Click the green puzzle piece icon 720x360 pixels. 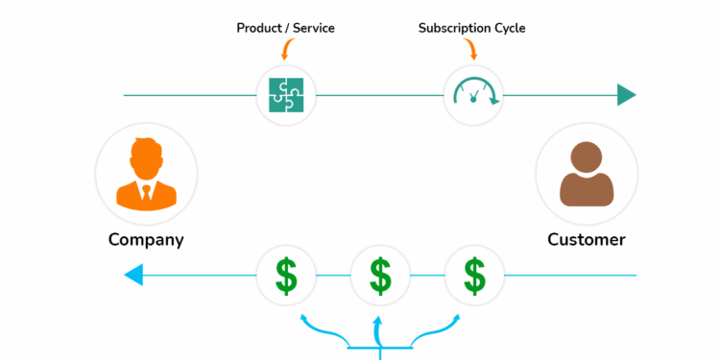[x=286, y=94]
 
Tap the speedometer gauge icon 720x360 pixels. [x=473, y=94]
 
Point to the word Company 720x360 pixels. [x=146, y=239]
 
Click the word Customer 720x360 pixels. [x=587, y=239]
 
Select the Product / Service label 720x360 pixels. [x=286, y=28]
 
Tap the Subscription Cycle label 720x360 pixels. [x=471, y=28]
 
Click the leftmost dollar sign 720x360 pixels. [x=286, y=276]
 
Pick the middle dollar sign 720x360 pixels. [x=380, y=276]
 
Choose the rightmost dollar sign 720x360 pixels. [x=473, y=276]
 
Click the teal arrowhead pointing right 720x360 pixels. [x=626, y=94]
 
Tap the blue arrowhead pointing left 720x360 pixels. [x=134, y=276]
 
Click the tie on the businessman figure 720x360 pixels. [x=146, y=192]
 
